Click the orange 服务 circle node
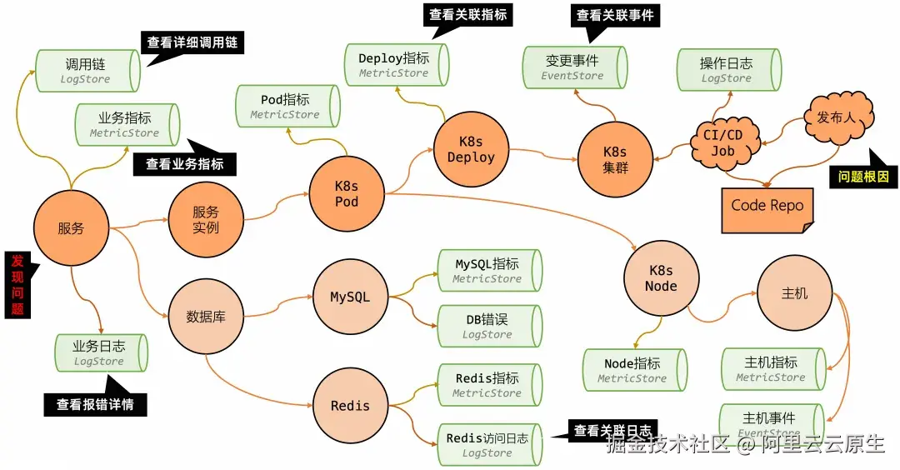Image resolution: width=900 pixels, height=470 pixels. click(x=72, y=227)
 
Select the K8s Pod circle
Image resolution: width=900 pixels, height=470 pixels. click(x=347, y=192)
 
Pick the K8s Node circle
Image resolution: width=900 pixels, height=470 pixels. click(x=661, y=277)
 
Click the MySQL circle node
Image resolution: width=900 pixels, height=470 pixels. click(x=350, y=297)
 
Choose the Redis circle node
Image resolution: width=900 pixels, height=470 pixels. click(x=350, y=406)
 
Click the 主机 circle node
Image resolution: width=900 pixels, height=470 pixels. click(x=794, y=293)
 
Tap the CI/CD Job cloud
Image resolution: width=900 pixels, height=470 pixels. click(x=723, y=142)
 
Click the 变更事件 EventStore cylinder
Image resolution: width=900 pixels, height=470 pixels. click(x=574, y=67)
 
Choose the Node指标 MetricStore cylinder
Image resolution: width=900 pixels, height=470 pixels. click(x=634, y=370)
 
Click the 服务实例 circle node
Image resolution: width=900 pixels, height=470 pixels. click(x=206, y=220)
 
